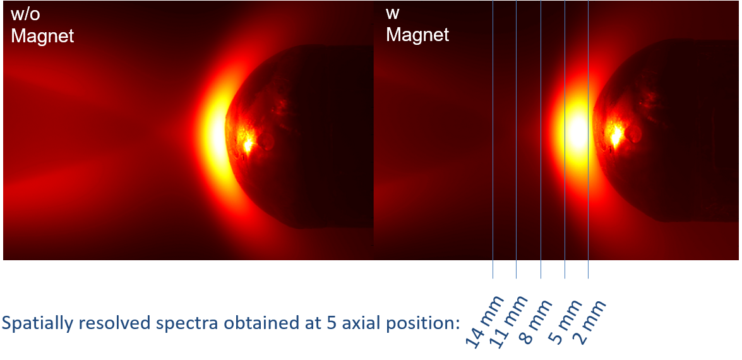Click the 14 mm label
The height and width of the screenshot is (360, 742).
(x=485, y=321)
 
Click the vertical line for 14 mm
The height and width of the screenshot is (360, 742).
(x=493, y=139)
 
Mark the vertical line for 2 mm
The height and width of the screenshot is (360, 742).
(x=588, y=139)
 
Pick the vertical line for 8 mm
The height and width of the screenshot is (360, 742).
(x=541, y=139)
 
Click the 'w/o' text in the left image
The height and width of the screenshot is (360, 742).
(x=25, y=15)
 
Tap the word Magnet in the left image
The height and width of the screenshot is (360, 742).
(x=42, y=35)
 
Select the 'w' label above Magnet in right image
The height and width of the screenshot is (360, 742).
(x=393, y=14)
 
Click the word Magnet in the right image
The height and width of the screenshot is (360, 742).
(x=418, y=35)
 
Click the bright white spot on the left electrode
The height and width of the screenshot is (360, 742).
(x=246, y=145)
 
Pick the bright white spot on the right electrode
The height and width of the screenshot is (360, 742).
(x=616, y=137)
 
